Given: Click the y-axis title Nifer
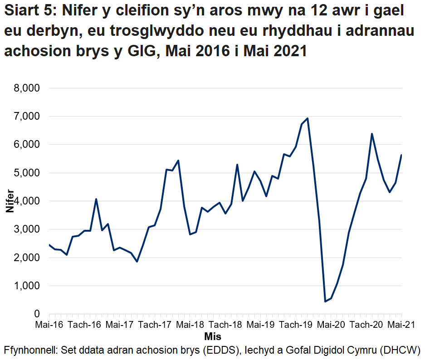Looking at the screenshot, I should [x=10, y=201].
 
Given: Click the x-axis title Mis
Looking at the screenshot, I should [x=213, y=337].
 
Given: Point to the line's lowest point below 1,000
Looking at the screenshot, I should [x=325, y=302].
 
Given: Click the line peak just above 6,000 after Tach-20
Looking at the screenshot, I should [x=372, y=134].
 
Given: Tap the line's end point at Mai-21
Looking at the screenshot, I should [x=401, y=155].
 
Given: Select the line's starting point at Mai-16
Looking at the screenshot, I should [x=49, y=245].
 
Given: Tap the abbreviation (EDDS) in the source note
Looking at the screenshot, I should [x=222, y=350].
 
